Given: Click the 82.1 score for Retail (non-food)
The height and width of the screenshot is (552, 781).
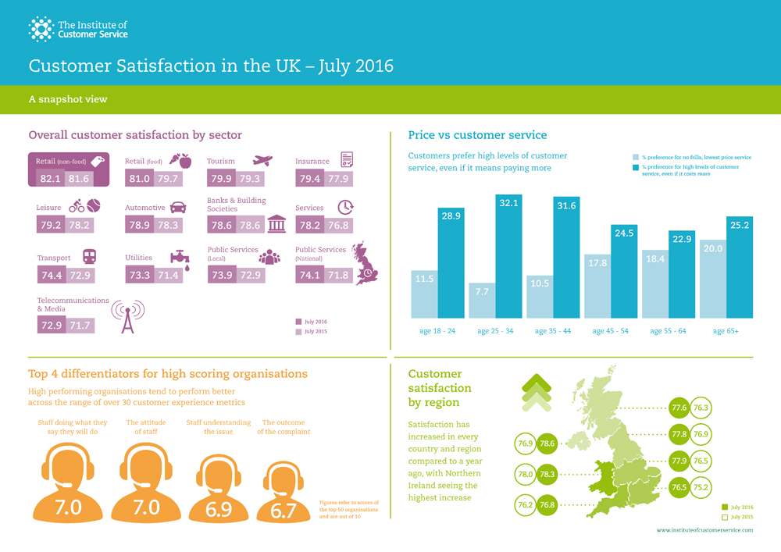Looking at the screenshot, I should [50, 179].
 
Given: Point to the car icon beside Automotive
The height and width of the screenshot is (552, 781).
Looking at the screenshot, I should [178, 208].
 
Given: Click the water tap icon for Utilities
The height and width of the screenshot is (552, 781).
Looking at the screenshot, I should [180, 258].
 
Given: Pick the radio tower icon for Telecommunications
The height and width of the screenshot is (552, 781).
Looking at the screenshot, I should [127, 316].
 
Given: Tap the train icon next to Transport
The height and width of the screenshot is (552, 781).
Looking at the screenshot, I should [89, 256].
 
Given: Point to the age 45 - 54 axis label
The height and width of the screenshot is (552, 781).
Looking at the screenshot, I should [609, 331].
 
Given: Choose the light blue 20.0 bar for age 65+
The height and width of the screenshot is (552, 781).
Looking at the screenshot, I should [712, 278].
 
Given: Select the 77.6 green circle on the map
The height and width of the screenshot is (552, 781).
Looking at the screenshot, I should [679, 408].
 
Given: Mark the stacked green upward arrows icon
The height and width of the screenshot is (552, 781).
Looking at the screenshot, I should [536, 393].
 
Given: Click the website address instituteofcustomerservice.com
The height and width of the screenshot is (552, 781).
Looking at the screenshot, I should [705, 530].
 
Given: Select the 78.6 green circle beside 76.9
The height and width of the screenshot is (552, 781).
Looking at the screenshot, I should [547, 443].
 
